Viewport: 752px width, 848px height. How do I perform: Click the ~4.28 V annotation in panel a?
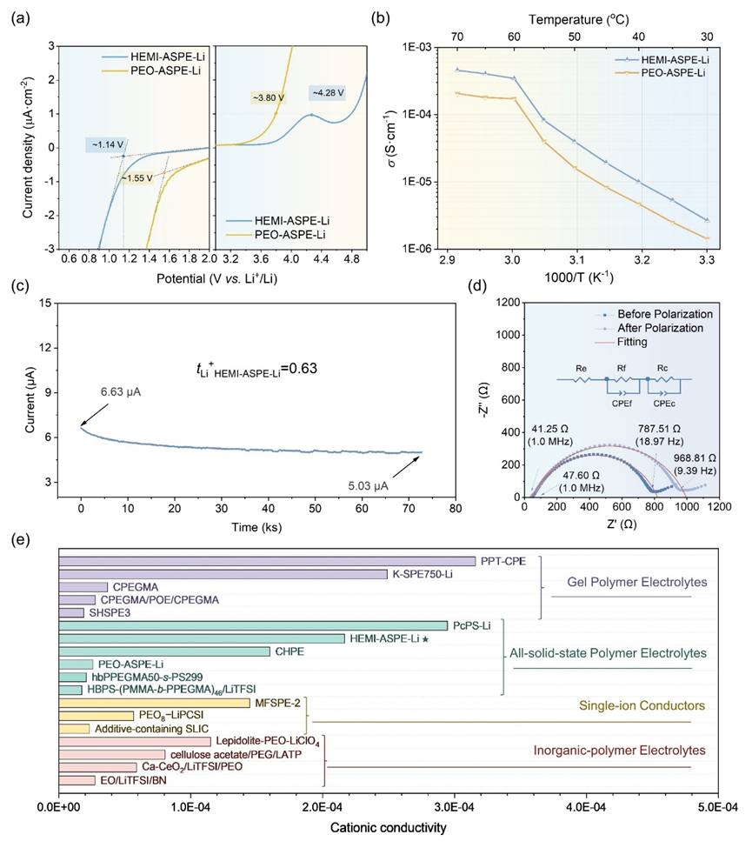coord(327,92)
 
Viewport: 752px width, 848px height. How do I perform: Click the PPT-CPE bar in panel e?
coord(267,561)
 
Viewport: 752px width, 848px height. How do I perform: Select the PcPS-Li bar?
coord(253,625)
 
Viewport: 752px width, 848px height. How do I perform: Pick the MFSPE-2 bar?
coord(154,702)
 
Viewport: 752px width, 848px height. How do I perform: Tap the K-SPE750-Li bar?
coord(223,574)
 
